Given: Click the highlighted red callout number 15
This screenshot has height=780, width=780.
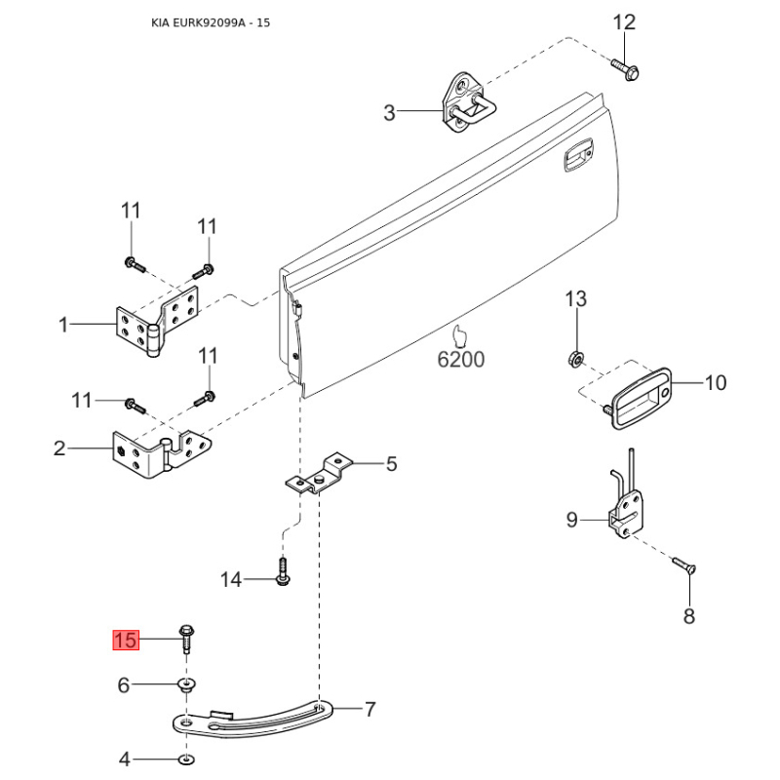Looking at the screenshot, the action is (126, 640).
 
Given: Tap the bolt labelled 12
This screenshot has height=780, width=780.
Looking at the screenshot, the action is (625, 70).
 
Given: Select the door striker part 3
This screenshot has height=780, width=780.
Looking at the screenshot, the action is (469, 102).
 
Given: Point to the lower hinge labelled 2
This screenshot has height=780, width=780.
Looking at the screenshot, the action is (158, 453).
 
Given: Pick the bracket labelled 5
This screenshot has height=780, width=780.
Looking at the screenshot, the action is (320, 475).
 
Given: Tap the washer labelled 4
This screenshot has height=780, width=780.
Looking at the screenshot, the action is (186, 760).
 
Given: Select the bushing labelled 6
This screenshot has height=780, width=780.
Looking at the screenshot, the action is (186, 685).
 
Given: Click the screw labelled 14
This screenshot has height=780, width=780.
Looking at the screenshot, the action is (283, 571).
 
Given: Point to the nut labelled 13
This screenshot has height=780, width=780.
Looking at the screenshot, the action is (575, 359).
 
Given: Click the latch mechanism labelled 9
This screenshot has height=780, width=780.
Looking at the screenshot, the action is (625, 507).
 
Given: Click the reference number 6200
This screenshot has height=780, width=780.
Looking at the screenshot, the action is (460, 359).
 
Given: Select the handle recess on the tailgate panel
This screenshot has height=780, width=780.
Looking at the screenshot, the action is (578, 155).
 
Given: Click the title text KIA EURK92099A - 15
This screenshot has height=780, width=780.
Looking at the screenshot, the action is (211, 22).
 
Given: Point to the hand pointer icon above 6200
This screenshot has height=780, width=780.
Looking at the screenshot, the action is (460, 335).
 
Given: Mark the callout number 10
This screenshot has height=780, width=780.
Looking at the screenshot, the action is (716, 382).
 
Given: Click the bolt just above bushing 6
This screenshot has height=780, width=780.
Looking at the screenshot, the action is (186, 639).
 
